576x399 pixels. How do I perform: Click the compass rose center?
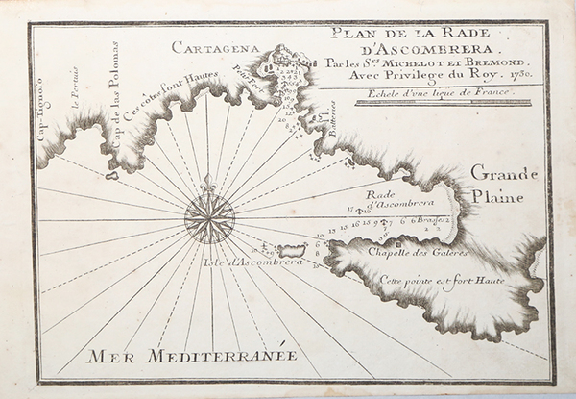coord(209,218)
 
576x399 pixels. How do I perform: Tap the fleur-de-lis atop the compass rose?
coord(209,183)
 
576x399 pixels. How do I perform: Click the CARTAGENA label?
coord(209,45)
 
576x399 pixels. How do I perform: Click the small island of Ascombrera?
coord(289,250)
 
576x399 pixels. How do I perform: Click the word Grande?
coord(504,173)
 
